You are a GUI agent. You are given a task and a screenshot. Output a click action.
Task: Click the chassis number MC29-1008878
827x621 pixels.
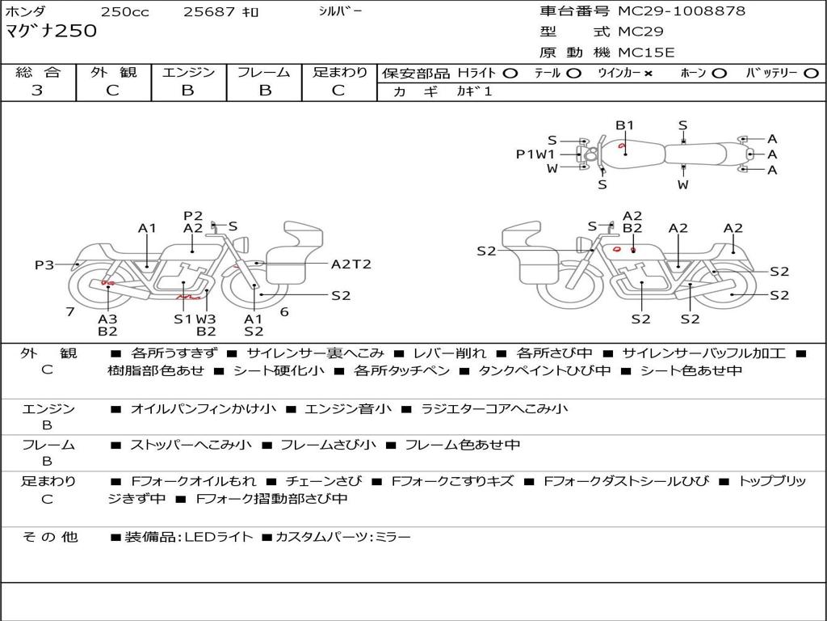coord(682,11)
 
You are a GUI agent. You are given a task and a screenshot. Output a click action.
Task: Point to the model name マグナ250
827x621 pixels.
coord(51,32)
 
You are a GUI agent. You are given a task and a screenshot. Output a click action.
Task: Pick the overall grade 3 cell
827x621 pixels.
coord(37,91)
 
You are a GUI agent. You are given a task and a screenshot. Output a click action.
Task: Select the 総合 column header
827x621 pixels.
coord(38,73)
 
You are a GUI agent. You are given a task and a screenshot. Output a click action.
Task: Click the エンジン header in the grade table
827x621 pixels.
coord(188,73)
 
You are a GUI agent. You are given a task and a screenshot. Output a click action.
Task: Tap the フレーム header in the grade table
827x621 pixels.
coord(264,73)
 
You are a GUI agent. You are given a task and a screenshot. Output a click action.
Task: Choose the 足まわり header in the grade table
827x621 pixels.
coord(340,73)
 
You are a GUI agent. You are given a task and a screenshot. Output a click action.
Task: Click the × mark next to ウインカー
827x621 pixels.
coord(648,74)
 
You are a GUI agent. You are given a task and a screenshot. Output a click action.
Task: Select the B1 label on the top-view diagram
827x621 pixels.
coord(625,125)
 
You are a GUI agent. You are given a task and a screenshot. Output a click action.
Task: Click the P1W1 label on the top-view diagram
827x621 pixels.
coord(535,154)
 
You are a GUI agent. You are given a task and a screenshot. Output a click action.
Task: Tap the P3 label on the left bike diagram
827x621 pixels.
coord(44,264)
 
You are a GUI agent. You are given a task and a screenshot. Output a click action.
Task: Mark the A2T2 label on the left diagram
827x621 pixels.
coord(351,264)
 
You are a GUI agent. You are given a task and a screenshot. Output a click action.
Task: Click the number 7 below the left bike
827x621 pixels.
coord(70,311)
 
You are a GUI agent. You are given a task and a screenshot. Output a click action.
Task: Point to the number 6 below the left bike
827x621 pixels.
coord(284,311)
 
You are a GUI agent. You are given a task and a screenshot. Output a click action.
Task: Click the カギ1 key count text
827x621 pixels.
coord(474,91)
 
